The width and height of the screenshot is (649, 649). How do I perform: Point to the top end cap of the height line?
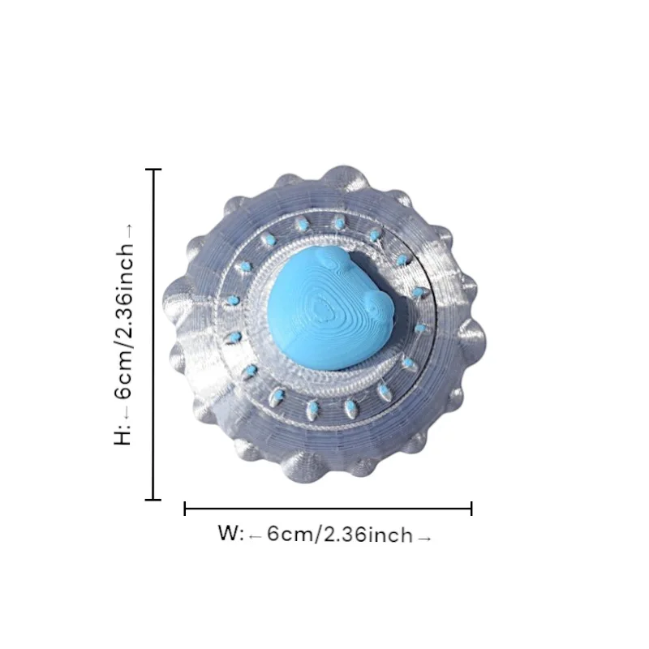(153, 170)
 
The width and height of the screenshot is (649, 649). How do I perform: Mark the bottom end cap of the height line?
(153, 500)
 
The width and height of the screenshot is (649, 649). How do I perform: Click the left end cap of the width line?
(186, 509)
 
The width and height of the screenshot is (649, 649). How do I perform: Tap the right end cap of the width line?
(471, 509)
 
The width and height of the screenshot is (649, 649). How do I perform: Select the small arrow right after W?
(255, 535)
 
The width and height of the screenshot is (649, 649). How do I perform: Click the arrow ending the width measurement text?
(423, 535)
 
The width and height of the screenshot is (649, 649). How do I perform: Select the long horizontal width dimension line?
(329, 509)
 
